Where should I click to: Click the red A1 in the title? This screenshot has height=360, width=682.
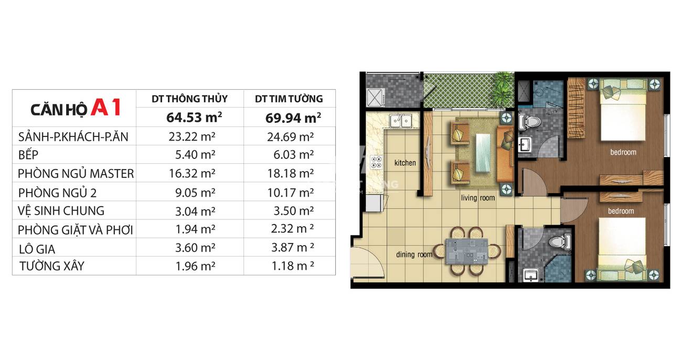[106, 107]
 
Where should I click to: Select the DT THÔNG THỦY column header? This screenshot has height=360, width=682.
[189, 99]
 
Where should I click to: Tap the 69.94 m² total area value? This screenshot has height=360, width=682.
[293, 118]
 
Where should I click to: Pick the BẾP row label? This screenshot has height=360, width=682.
[28, 154]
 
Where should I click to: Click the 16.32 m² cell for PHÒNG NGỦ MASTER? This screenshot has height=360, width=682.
[192, 173]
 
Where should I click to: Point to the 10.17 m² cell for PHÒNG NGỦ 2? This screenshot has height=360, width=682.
[291, 193]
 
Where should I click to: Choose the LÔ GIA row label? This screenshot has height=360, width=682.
[37, 249]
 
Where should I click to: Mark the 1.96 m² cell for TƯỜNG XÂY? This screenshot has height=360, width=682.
[195, 266]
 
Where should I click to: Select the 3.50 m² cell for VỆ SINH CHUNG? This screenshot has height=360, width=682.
[293, 211]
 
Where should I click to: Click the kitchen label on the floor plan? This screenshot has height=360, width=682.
[405, 163]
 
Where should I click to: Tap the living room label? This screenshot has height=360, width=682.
[478, 198]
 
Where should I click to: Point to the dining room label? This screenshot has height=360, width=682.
[414, 255]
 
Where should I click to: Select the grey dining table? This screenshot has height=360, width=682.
[467, 251]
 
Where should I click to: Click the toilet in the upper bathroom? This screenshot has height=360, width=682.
[529, 122]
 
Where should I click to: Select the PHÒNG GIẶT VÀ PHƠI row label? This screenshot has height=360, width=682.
[75, 230]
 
